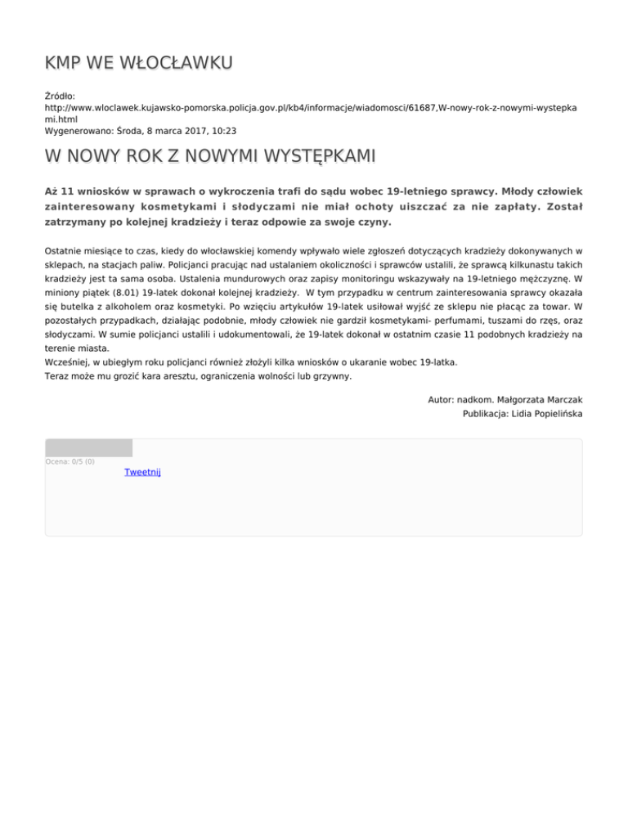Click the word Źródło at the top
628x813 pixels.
click(x=60, y=96)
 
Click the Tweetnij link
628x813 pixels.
click(x=142, y=472)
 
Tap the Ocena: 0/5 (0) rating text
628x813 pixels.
click(x=70, y=461)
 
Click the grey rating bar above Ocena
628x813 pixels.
click(x=88, y=447)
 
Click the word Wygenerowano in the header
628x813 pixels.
click(x=80, y=130)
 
